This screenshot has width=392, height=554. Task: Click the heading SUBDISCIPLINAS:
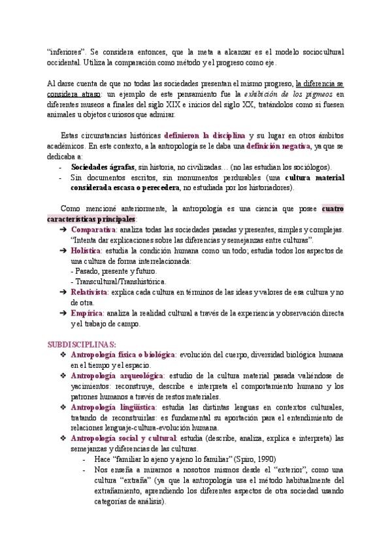82,343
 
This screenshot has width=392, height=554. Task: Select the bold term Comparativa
93,230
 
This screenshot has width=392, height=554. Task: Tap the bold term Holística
86,250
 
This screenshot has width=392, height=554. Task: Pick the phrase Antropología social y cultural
123,438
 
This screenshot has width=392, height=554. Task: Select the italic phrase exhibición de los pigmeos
277,94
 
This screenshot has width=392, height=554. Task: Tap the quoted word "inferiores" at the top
67,52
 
